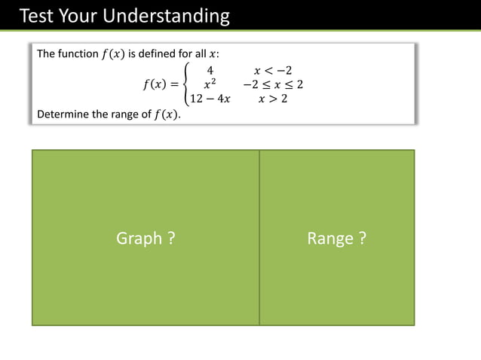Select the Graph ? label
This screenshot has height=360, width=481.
[x=146, y=239]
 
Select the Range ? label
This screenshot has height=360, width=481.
[x=337, y=239]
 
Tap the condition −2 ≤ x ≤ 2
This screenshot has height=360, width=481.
[x=273, y=84]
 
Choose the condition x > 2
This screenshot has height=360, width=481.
[x=273, y=99]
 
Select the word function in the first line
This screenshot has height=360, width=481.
[x=78, y=54]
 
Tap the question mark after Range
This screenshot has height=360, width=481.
[x=363, y=239]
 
